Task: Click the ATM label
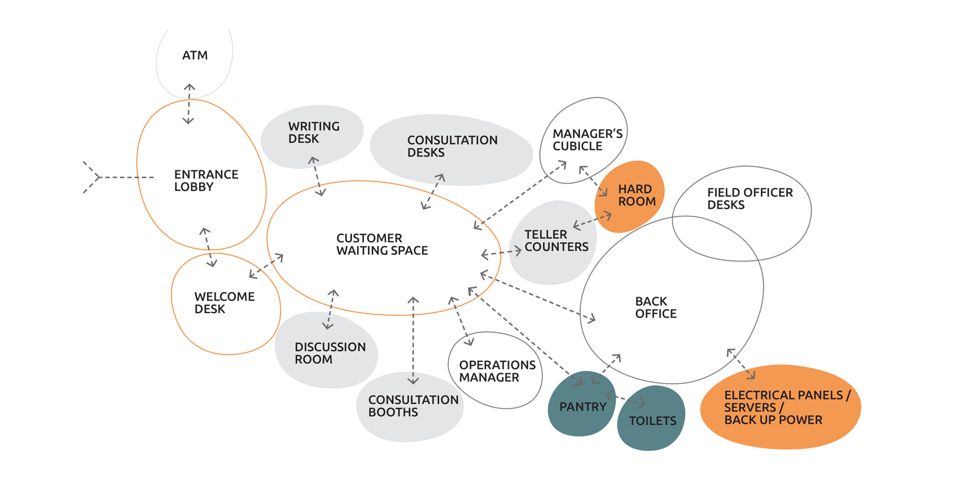coord(195,56)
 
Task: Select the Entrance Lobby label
coord(206,181)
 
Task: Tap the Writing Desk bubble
coord(312,136)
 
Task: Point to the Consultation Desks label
coord(452,146)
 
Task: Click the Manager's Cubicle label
coord(587,140)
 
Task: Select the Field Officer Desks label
coord(750,199)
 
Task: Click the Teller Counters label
coord(556,241)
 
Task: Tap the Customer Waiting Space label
coord(382,244)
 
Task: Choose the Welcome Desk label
coord(224,303)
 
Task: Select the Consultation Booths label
coord(413,406)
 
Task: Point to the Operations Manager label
coord(497,371)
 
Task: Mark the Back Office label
coord(655,307)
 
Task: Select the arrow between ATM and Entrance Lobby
coord(189,104)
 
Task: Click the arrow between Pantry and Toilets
coord(626,399)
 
